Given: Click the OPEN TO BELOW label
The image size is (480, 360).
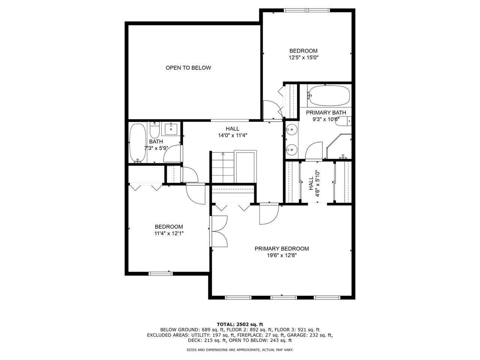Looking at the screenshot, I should pyautogui.click(x=188, y=68).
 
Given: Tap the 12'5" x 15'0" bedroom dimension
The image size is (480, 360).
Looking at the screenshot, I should pyautogui.click(x=303, y=58).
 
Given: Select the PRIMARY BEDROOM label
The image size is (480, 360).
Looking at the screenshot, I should pyautogui.click(x=282, y=249).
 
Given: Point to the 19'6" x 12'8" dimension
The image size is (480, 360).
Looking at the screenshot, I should pyautogui.click(x=282, y=256).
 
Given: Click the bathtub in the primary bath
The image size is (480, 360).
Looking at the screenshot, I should pyautogui.click(x=329, y=96).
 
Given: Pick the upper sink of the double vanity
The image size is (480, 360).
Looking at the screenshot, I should pyautogui.click(x=291, y=130).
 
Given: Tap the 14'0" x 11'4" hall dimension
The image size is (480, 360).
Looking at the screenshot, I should pyautogui.click(x=232, y=136).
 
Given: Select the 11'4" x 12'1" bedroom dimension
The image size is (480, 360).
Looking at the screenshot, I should pyautogui.click(x=169, y=233).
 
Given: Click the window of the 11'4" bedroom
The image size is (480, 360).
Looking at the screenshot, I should pyautogui.click(x=161, y=273).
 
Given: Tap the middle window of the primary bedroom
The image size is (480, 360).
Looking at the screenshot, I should pyautogui.click(x=283, y=298).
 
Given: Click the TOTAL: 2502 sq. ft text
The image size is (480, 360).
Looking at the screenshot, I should pyautogui.click(x=240, y=324).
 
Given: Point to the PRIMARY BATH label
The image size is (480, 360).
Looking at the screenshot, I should pyautogui.click(x=326, y=113).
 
